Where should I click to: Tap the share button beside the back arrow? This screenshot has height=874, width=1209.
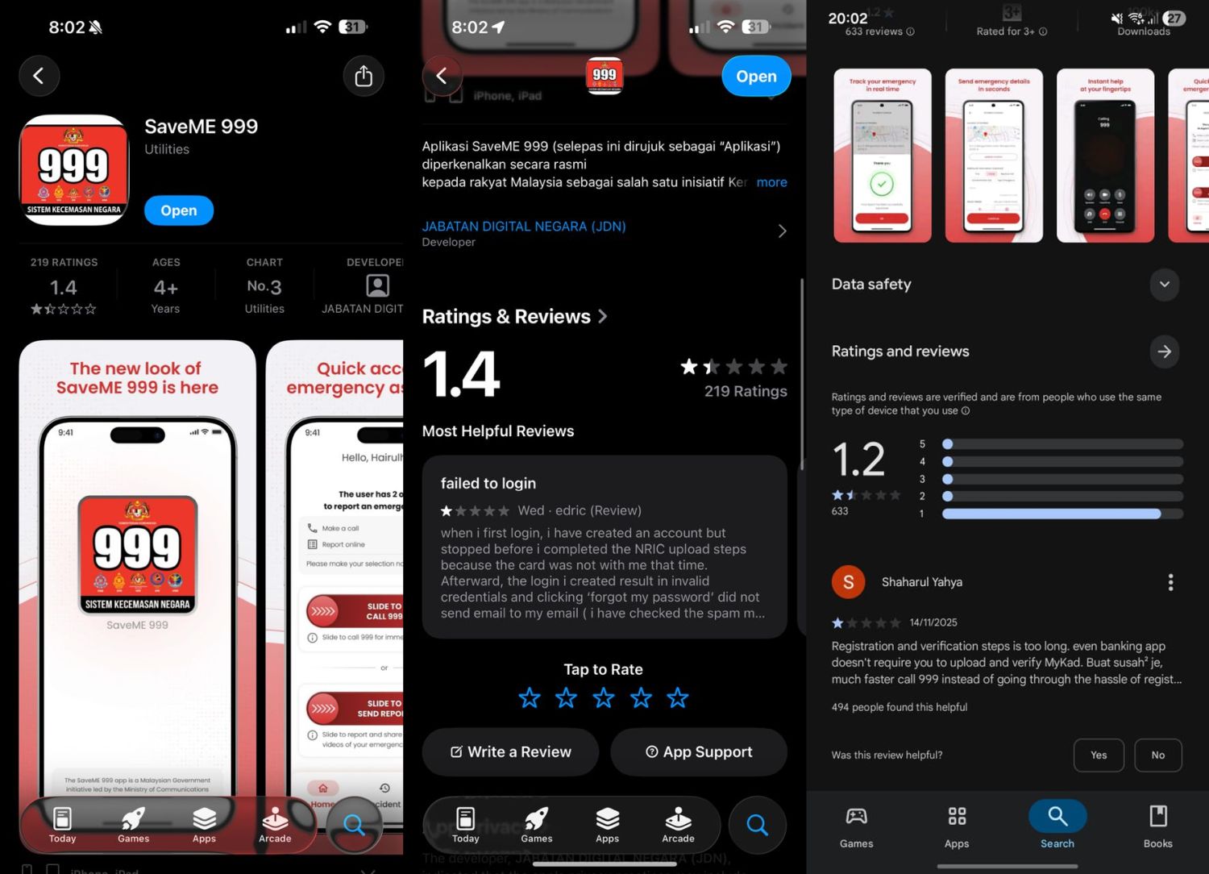pyautogui.click(x=364, y=76)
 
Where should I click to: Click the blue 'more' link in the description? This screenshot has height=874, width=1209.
pyautogui.click(x=771, y=182)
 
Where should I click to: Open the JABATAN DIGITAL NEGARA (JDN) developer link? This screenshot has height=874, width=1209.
pyautogui.click(x=524, y=227)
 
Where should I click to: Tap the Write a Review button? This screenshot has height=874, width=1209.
pyautogui.click(x=510, y=751)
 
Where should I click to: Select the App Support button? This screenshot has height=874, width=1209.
pyautogui.click(x=699, y=751)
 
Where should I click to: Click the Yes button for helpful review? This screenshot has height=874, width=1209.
pyautogui.click(x=1099, y=755)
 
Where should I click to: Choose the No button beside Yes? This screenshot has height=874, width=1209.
pyautogui.click(x=1157, y=755)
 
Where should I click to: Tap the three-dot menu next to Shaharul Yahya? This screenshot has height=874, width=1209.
pyautogui.click(x=1170, y=582)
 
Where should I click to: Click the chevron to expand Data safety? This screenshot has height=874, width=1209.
pyautogui.click(x=1164, y=284)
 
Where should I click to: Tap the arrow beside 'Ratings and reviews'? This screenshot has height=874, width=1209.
pyautogui.click(x=1164, y=352)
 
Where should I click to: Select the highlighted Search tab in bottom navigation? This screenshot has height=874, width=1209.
pyautogui.click(x=1057, y=825)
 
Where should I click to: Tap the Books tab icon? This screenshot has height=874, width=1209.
pyautogui.click(x=1157, y=825)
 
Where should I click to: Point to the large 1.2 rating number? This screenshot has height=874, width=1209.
pyautogui.click(x=858, y=460)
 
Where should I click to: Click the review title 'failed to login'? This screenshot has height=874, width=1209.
pyautogui.click(x=488, y=483)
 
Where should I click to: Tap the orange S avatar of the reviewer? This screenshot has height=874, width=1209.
pyautogui.click(x=848, y=582)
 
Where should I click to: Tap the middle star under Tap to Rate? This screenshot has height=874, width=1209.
pyautogui.click(x=604, y=697)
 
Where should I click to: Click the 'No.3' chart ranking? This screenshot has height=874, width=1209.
pyautogui.click(x=264, y=286)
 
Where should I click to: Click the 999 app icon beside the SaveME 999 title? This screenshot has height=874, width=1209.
pyautogui.click(x=74, y=169)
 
